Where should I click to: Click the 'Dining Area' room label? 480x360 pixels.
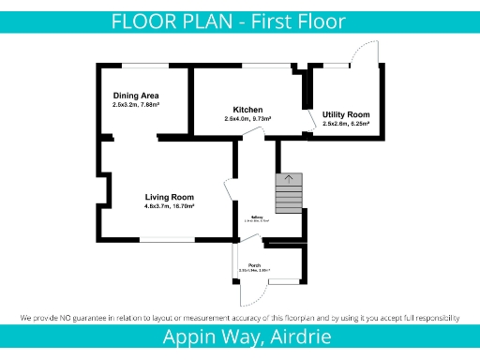(x=136, y=96)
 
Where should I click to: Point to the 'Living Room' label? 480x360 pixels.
(x=169, y=197)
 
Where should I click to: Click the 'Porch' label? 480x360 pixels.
(x=254, y=265)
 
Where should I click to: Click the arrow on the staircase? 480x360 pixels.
(x=289, y=178)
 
